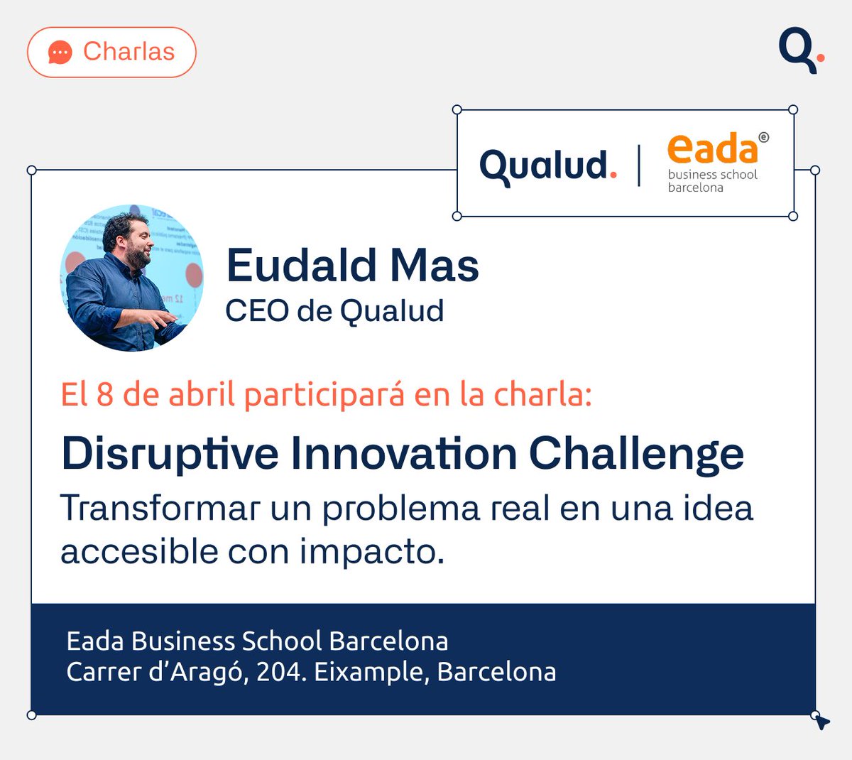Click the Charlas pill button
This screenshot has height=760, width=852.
point(111,52)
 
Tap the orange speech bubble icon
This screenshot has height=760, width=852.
point(60,53)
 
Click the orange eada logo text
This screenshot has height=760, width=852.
point(712,148)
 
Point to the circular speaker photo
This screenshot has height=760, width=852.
point(131,278)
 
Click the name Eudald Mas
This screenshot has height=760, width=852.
point(352,266)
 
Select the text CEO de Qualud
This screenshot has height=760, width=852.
point(334,310)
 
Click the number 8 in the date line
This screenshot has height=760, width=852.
point(105,395)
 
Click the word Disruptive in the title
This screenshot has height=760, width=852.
point(170,453)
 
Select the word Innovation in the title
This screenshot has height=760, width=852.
point(403,453)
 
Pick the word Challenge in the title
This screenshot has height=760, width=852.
point(636,453)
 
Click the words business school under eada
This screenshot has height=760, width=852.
point(712,175)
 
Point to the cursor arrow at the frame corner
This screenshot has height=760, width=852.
point(821,722)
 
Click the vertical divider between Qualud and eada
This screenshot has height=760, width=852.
point(639,165)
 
